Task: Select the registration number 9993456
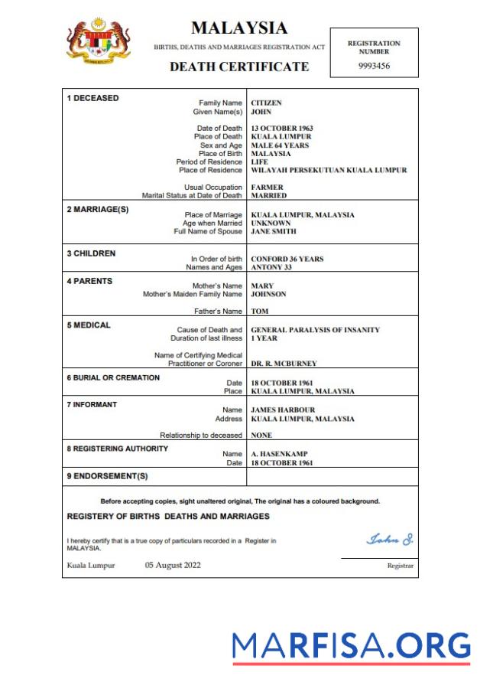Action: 374,67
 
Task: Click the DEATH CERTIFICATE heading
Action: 239,67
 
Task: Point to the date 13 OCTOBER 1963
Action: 282,129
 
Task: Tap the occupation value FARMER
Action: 267,188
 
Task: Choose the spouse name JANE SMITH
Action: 274,231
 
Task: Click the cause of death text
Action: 315,330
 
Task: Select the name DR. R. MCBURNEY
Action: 284,364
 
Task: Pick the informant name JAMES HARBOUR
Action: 283,410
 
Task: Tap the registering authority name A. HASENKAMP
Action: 280,455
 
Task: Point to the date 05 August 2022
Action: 173,566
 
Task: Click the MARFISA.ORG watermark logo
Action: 352,646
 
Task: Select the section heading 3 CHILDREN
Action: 92,253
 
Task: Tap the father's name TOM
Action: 259,312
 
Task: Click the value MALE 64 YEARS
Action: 280,145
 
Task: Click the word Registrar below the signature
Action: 400,566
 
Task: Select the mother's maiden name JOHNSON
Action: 269,294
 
